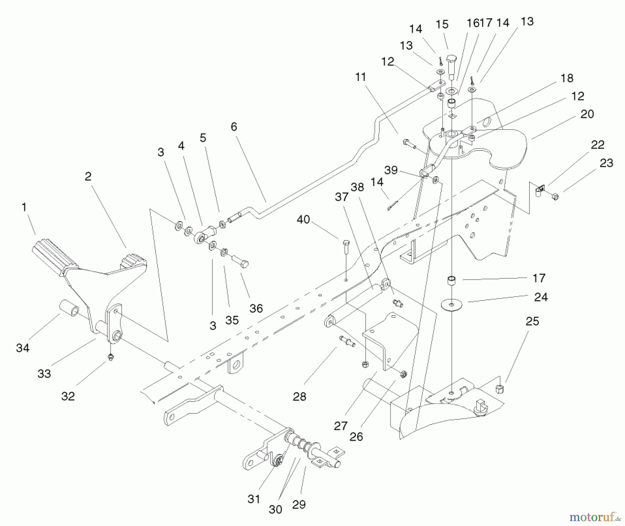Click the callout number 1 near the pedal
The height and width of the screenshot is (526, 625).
24,207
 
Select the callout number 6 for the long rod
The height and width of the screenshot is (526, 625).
234,127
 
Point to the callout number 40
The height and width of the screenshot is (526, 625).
303,220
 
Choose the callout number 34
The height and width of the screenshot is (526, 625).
23,348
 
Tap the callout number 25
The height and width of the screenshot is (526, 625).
532,321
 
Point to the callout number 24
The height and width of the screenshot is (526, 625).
541,297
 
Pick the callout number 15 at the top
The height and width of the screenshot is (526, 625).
442,25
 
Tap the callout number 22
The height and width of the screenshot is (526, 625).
598,145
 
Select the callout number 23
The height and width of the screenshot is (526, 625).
606,163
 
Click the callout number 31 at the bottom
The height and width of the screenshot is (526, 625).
254,499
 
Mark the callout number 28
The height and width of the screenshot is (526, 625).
299,396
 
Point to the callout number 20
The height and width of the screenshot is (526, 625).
587,114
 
